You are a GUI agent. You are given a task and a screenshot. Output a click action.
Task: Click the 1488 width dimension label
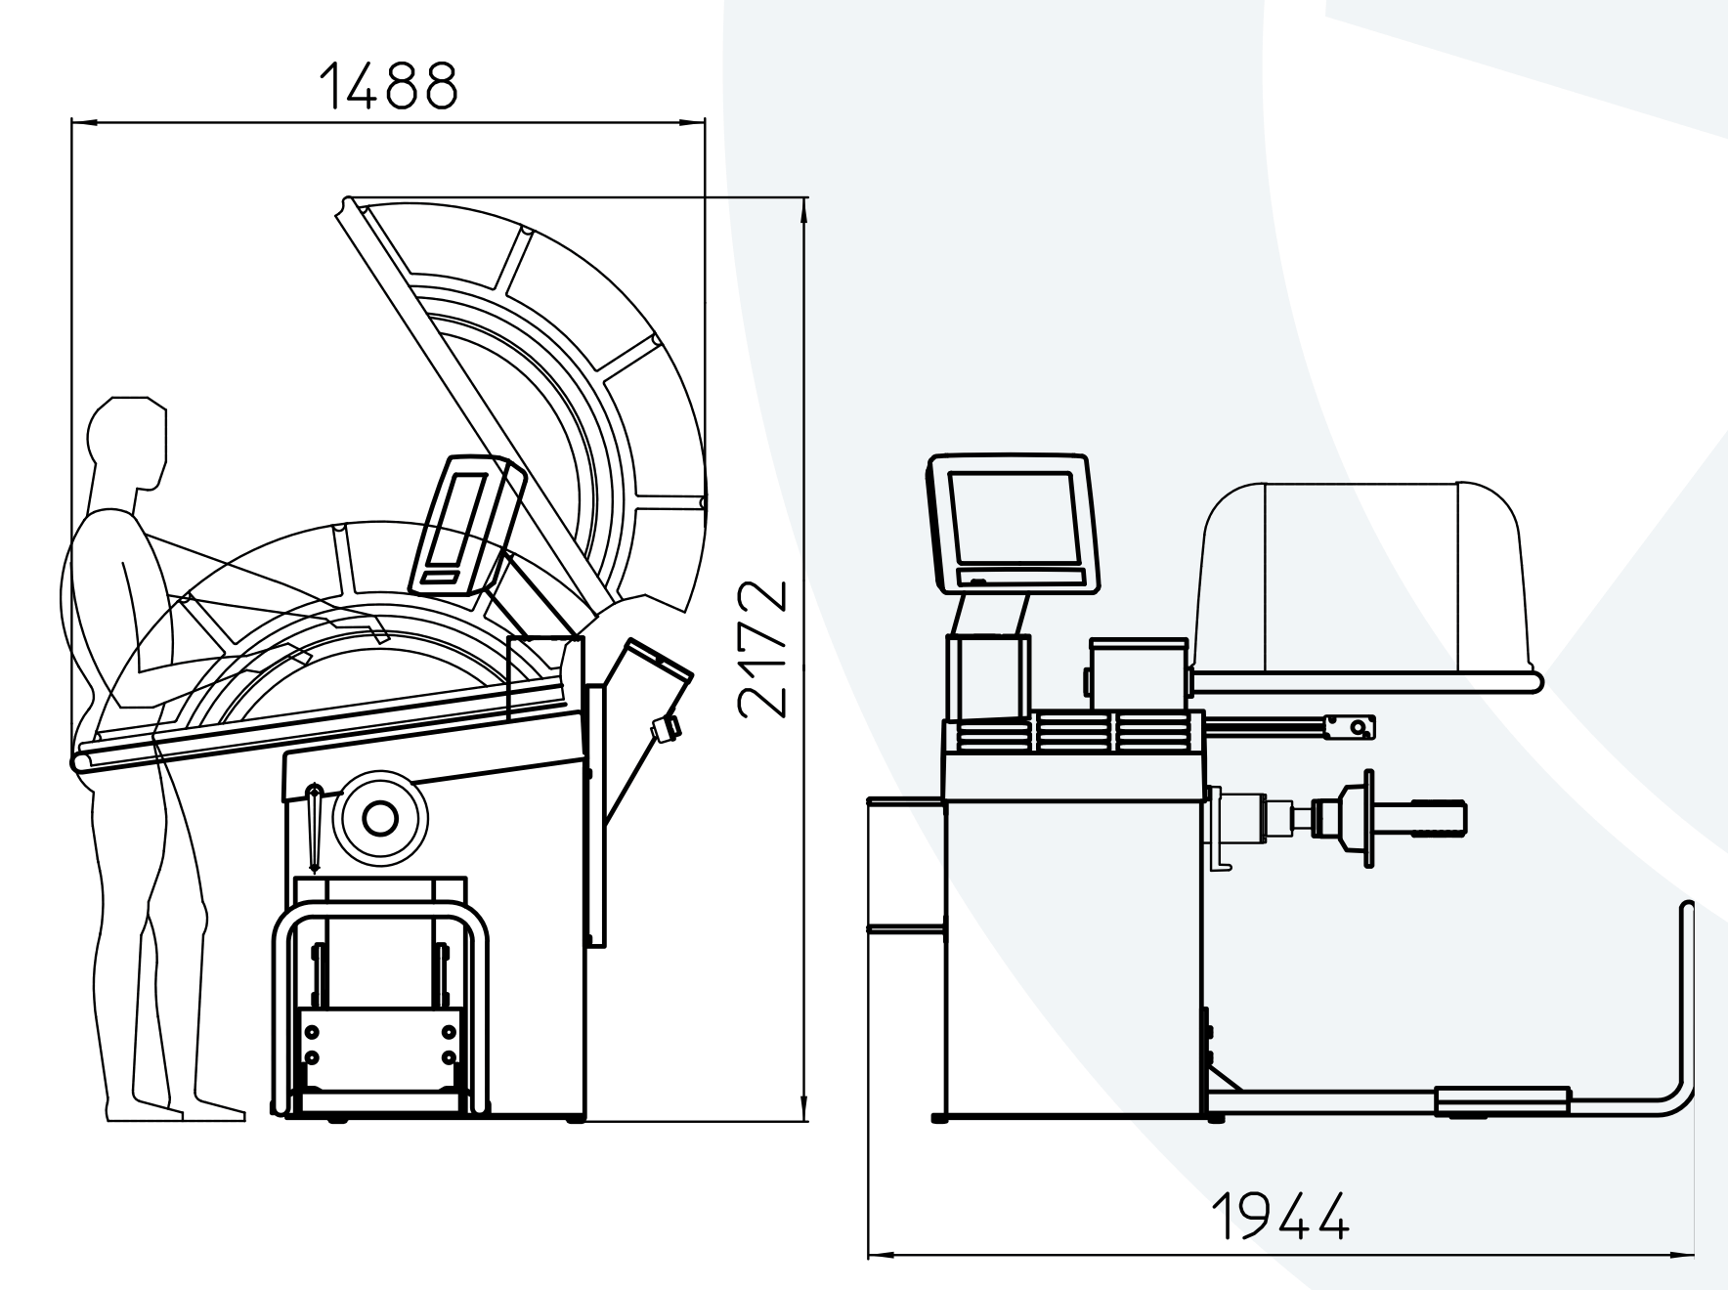tap(388, 85)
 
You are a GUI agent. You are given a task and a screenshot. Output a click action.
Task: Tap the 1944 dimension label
tap(1281, 1215)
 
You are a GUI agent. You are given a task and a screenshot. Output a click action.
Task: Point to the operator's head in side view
tap(127, 442)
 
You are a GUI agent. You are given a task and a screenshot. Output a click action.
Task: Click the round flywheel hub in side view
tap(379, 818)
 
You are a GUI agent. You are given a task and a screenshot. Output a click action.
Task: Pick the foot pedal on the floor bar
tap(1502, 1101)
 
